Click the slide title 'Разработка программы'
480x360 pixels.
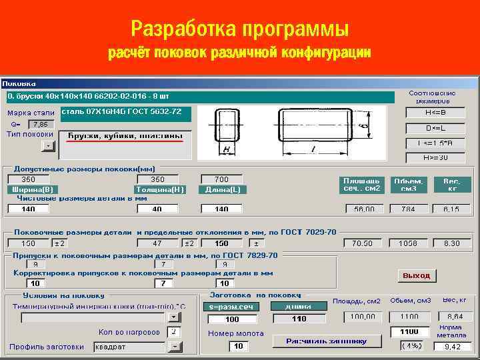click(x=240, y=29)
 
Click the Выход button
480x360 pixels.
click(x=417, y=275)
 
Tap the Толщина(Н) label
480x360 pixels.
click(x=159, y=189)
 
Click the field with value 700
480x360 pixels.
click(x=221, y=179)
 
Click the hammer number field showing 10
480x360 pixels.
click(x=238, y=346)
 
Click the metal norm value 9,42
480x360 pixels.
click(x=453, y=347)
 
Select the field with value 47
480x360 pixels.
click(x=157, y=243)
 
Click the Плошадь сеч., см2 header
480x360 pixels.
click(x=362, y=184)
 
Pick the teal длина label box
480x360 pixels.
click(x=297, y=307)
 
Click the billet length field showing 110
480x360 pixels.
click(x=299, y=319)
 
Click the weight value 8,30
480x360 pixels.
click(x=452, y=243)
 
